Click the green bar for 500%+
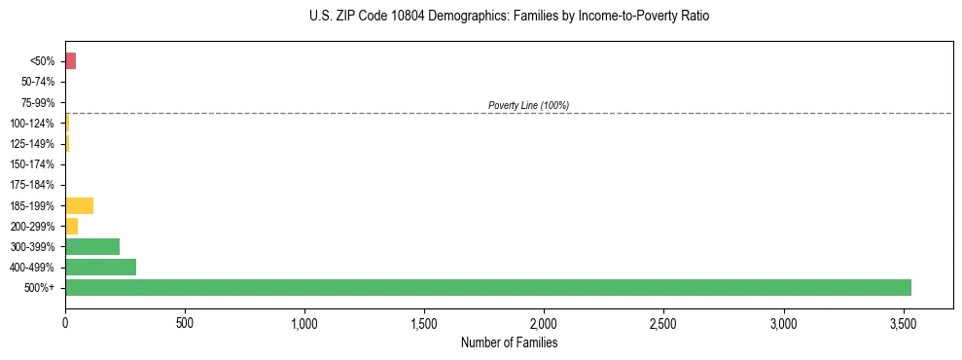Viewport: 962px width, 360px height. coord(487,287)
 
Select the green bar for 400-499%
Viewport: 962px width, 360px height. coord(100,267)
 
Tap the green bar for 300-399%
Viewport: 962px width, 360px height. coord(92,246)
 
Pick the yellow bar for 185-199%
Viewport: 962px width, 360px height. coord(79,205)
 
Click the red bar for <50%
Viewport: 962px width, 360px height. coord(70,61)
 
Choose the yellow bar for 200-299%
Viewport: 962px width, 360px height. coord(71,226)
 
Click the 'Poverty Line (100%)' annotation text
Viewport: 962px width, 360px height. coord(528,105)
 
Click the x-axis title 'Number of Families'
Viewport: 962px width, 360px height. coord(509,342)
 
